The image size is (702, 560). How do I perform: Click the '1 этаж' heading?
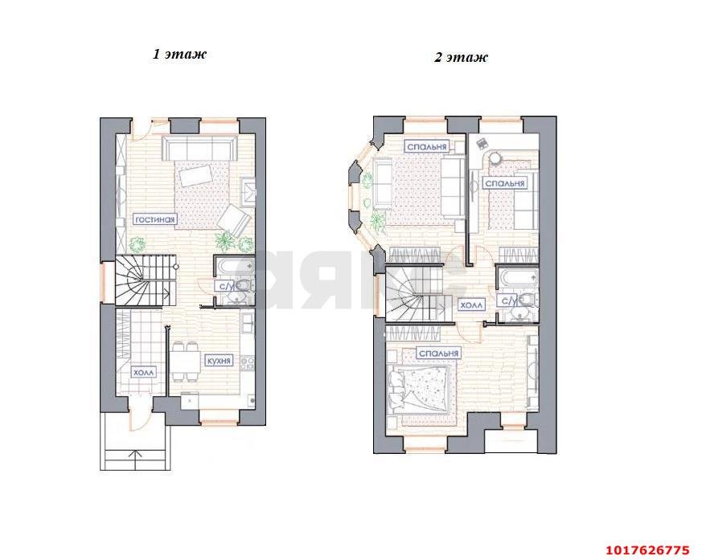click(179, 54)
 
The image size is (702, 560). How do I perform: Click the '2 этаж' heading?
click(461, 57)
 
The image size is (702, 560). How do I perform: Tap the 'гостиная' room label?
click(156, 219)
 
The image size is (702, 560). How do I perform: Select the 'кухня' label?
click(219, 361)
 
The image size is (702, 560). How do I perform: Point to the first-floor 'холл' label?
click(144, 372)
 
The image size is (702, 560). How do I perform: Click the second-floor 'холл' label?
click(472, 305)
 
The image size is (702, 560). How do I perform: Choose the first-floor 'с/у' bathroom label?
click(223, 286)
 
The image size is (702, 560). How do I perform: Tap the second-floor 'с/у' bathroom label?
click(509, 300)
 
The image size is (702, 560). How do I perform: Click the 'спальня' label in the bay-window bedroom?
click(427, 146)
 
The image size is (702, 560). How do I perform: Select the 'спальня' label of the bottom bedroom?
click(439, 354)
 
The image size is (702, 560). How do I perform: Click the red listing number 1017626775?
click(647, 550)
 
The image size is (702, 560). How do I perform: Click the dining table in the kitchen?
click(184, 361)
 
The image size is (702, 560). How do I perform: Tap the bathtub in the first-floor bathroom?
click(234, 267)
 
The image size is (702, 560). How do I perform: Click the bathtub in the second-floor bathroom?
click(518, 278)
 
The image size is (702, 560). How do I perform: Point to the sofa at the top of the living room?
click(199, 148)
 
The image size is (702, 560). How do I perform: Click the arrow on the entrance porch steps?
click(136, 460)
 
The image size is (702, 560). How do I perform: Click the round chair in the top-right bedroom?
click(495, 158)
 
